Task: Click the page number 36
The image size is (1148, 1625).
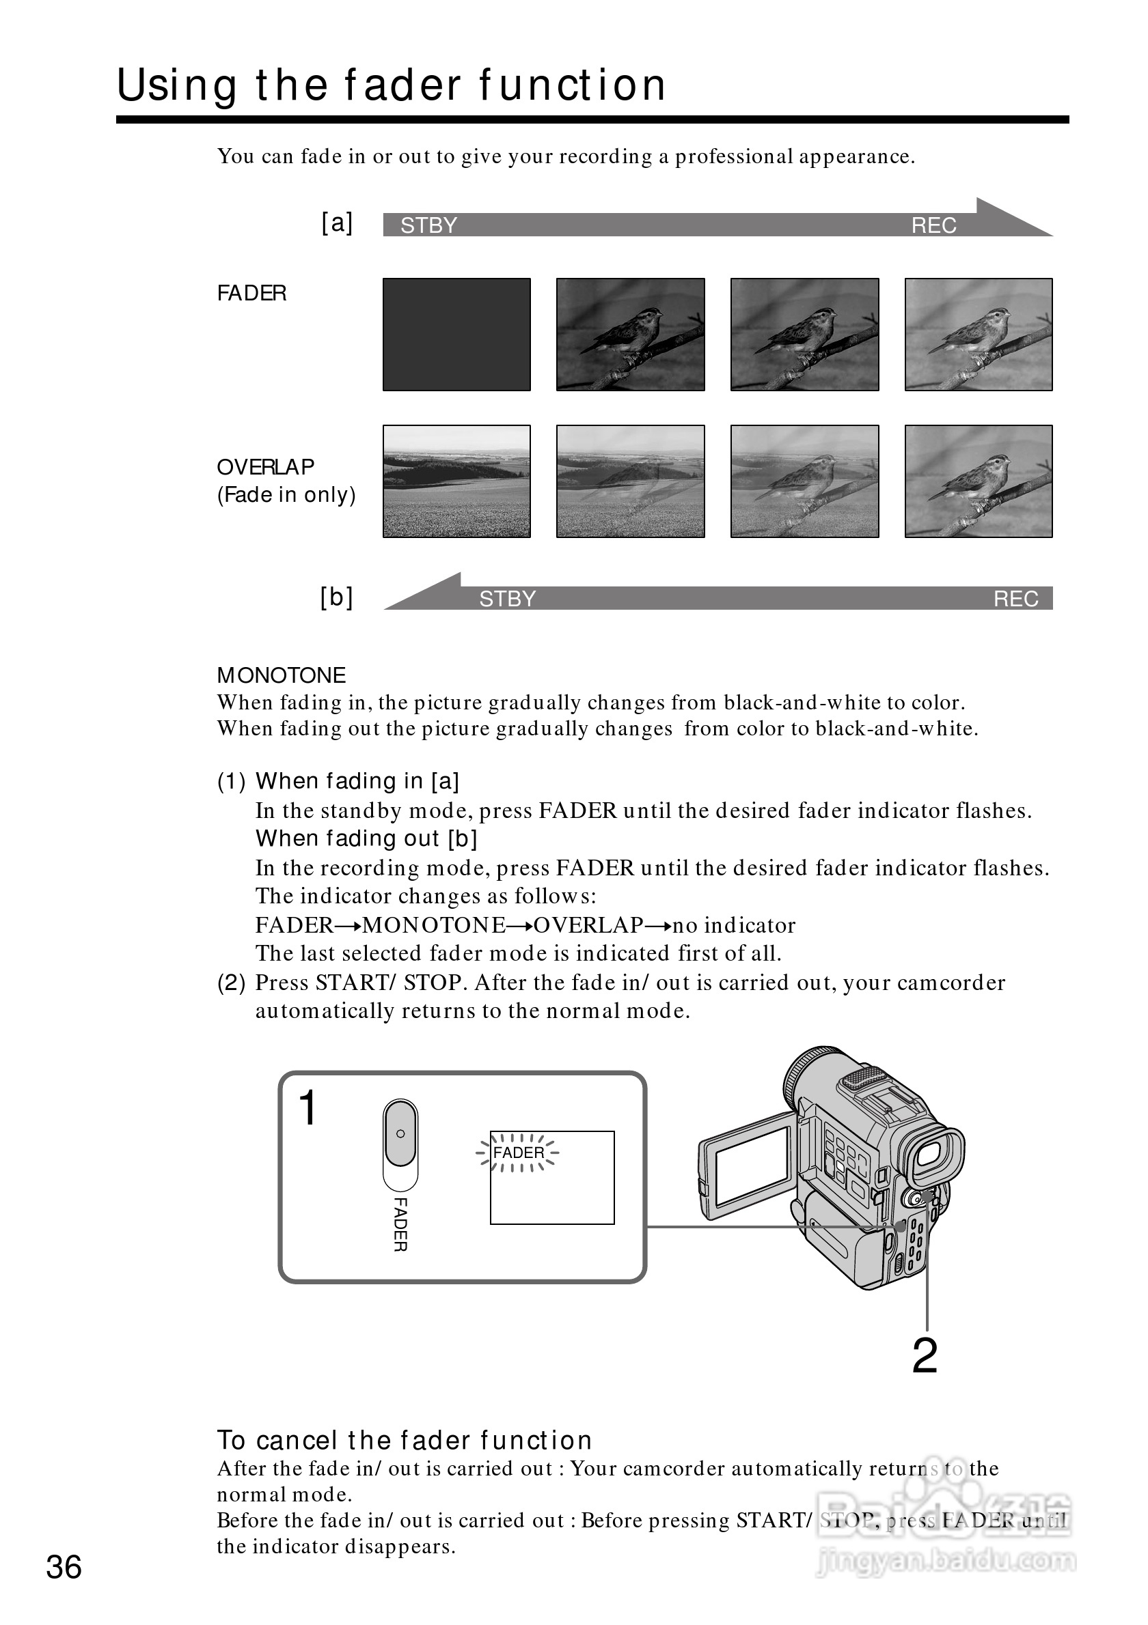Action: [x=64, y=1567]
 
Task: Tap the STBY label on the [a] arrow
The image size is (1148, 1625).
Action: [x=428, y=225]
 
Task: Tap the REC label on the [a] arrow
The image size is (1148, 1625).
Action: [x=933, y=225]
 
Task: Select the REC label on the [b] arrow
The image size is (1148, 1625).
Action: [x=1015, y=599]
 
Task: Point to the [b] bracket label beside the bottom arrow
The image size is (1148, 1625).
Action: [x=336, y=597]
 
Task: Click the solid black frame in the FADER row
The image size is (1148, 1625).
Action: [x=456, y=334]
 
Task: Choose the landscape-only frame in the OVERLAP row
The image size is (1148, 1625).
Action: [x=456, y=481]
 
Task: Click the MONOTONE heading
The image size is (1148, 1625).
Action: [x=281, y=675]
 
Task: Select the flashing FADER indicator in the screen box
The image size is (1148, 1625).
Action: [x=519, y=1153]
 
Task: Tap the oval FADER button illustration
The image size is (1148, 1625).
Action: [x=400, y=1134]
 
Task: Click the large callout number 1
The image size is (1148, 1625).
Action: [x=308, y=1107]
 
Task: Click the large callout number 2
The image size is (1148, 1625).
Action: [x=924, y=1356]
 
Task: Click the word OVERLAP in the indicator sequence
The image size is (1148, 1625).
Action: [x=588, y=925]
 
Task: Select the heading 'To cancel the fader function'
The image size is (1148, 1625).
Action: [x=405, y=1440]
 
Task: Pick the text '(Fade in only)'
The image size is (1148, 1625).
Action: [x=286, y=495]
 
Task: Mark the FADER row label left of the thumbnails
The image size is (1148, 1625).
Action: [x=251, y=293]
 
